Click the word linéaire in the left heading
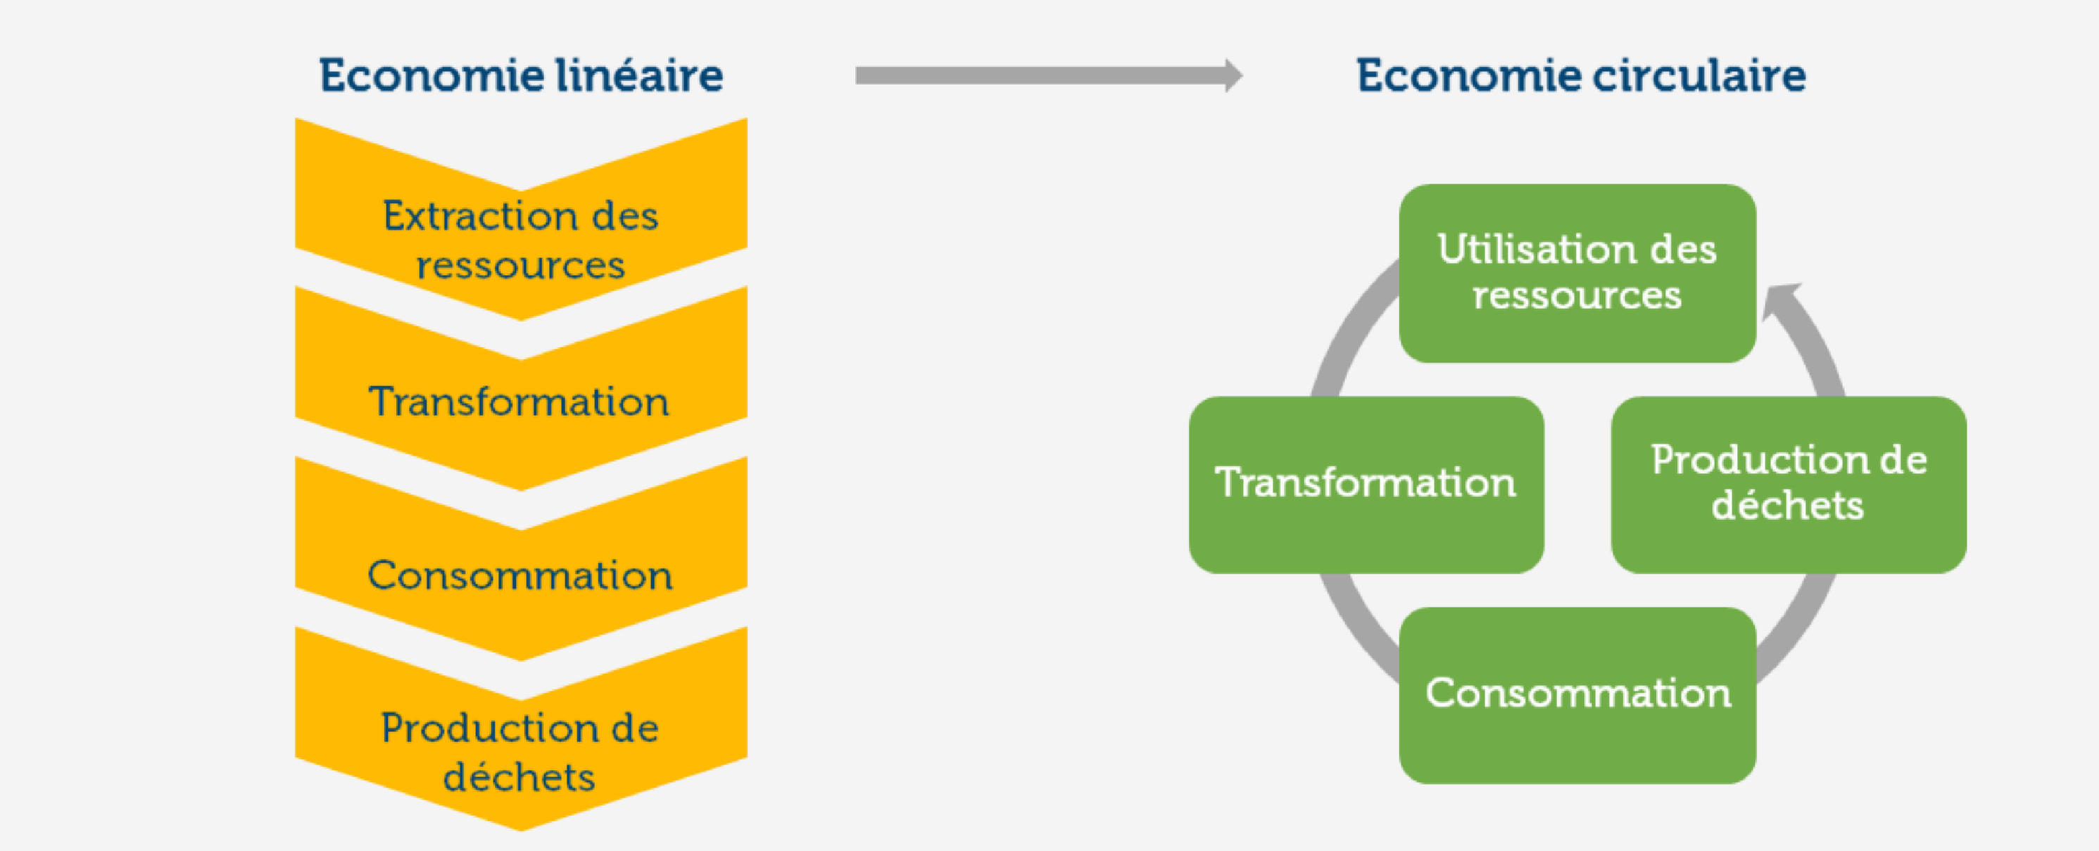[x=639, y=76]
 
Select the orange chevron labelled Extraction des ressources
[x=521, y=236]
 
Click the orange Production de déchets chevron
[x=521, y=749]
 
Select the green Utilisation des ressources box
[x=1577, y=273]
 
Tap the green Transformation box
[x=1366, y=485]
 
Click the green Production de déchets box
[x=1789, y=485]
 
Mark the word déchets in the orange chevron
[x=519, y=777]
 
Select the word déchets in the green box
[x=1787, y=506]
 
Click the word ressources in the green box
[x=1577, y=295]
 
